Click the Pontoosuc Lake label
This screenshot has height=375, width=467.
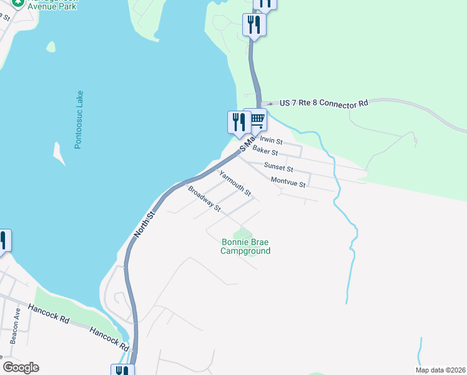(x=79, y=119)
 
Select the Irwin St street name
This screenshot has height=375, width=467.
(x=272, y=141)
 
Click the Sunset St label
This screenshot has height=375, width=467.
(x=278, y=167)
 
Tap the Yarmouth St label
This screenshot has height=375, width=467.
(x=234, y=182)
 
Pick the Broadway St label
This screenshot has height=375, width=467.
(x=204, y=198)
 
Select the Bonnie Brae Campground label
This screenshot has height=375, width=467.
(x=246, y=246)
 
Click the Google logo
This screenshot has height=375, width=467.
(x=21, y=367)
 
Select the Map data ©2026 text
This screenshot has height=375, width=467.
(x=440, y=370)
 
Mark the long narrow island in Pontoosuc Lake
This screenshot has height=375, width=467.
(x=59, y=154)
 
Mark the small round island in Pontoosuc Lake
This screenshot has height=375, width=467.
(x=51, y=46)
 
